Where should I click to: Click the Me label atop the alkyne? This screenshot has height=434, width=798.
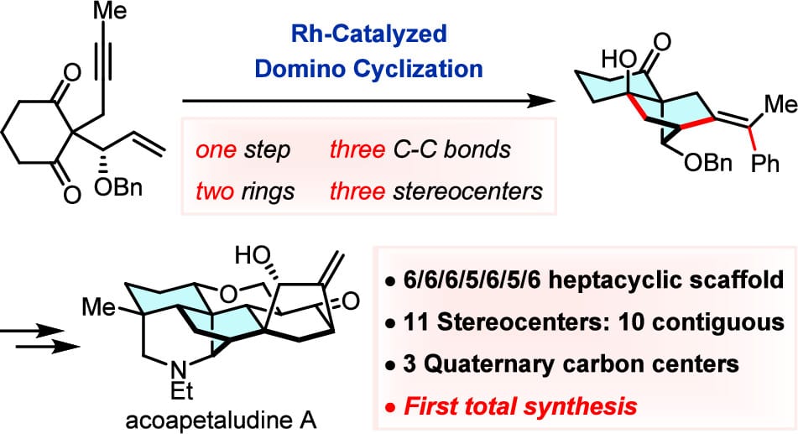coord(111,11)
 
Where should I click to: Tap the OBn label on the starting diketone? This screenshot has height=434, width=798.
coord(118,189)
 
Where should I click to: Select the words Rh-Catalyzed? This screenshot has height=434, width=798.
coord(369,34)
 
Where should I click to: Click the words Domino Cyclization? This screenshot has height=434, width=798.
coord(369,68)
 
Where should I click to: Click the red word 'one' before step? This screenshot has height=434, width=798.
coord(216,150)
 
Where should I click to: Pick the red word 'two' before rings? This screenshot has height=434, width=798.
coord(215,191)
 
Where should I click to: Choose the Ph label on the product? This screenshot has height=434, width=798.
coord(765,164)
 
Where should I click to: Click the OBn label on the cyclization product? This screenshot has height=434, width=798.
coord(708,163)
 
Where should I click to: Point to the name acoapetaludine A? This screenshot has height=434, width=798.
coord(221,421)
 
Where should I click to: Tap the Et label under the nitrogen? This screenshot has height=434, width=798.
coord(181,391)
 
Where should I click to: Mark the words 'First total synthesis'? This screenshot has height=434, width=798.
coord(520,406)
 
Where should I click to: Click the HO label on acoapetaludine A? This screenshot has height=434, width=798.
coord(253,256)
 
